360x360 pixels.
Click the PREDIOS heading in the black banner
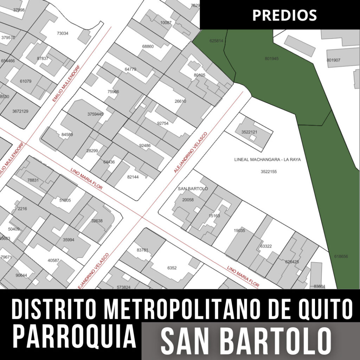coord(284,15)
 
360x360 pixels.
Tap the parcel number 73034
coord(62,33)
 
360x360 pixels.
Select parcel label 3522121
coord(249,132)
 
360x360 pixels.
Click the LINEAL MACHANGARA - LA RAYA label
coord(268,159)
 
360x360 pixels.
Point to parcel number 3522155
coord(269,172)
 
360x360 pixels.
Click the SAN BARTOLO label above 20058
coord(193,189)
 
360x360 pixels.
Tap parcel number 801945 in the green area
coord(271,58)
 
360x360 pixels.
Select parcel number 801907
coord(333,60)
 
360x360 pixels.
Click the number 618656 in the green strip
coord(341,257)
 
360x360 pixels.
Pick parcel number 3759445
coord(95,114)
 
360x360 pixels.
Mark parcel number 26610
coord(180,101)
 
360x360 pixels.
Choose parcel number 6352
coord(172,268)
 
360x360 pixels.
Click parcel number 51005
coord(65,200)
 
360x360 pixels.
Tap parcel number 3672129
coord(20,111)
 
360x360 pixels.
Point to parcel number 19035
coord(239,231)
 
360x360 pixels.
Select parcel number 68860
coord(148,46)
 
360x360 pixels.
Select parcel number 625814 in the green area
coord(216,41)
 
